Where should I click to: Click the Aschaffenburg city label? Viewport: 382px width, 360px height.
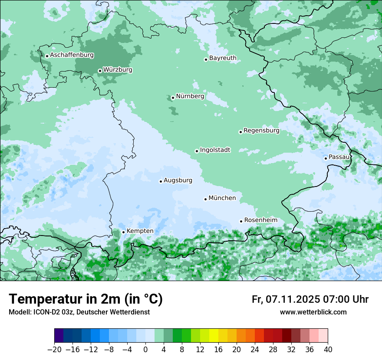tap(72, 55)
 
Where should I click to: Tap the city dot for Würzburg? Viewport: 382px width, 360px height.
tap(100, 71)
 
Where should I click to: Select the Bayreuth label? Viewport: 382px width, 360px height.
tap(223, 58)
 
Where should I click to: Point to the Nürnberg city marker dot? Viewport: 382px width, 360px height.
tap(173, 98)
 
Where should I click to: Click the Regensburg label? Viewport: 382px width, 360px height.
tap(261, 131)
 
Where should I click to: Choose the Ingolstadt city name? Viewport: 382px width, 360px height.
tap(215, 150)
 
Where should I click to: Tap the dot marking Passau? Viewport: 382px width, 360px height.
tap(326, 158)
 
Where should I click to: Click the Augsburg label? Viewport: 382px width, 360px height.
tap(178, 180)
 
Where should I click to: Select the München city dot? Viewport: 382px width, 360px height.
tap(205, 199)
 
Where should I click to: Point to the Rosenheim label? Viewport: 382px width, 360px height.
tap(260, 220)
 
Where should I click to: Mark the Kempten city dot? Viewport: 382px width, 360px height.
tap(123, 232)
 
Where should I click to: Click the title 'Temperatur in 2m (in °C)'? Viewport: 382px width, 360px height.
tap(86, 299)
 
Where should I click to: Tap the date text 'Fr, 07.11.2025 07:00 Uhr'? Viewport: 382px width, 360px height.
tap(310, 299)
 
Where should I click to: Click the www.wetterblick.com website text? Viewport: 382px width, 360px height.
tap(313, 312)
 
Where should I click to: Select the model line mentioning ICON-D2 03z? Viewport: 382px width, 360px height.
tap(79, 312)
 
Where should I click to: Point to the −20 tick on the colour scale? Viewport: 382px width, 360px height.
tap(54, 350)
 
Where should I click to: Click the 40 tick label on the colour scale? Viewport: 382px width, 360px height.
tap(328, 350)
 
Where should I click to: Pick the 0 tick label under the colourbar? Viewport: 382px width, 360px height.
tap(145, 350)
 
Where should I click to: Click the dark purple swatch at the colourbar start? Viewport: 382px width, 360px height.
tap(59, 336)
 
